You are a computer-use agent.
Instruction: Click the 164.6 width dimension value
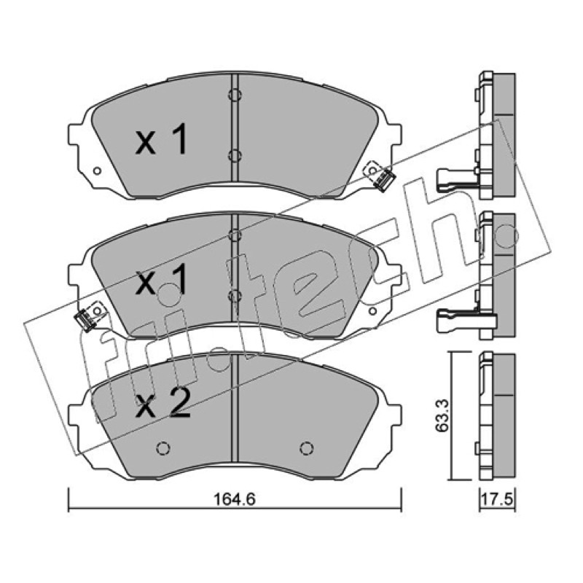tap(234, 499)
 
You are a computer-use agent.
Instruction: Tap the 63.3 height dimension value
tap(442, 415)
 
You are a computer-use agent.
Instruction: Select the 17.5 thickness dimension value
tap(497, 499)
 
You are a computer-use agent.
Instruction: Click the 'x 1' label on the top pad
tap(161, 139)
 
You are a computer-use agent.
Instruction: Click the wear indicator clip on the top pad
tap(383, 181)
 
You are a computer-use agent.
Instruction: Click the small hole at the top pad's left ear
tap(97, 171)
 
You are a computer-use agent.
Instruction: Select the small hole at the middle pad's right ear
tap(372, 311)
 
